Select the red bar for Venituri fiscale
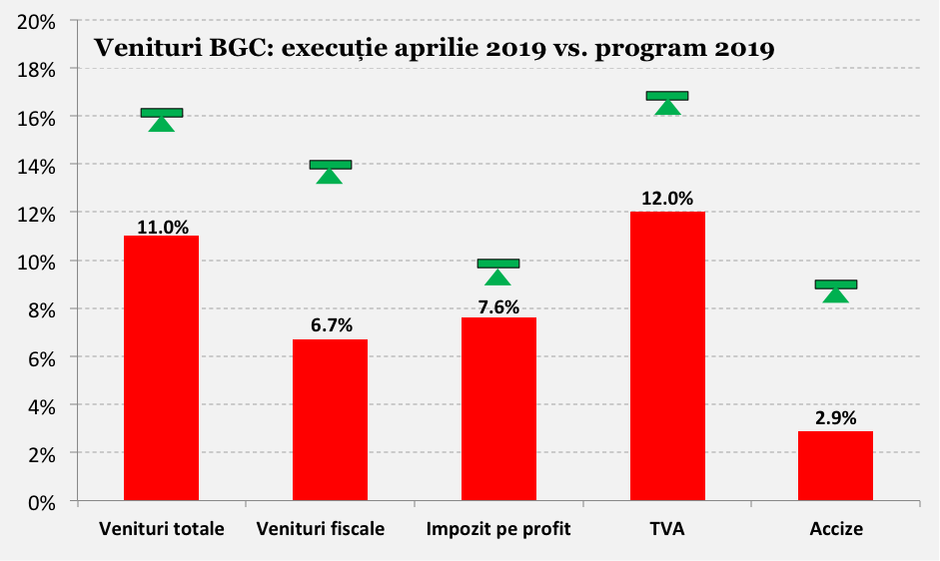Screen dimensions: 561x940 (x=330, y=419)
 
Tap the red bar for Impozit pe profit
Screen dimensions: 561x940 (x=498, y=408)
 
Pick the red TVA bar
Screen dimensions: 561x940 (x=667, y=355)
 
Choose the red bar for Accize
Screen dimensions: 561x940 (x=836, y=465)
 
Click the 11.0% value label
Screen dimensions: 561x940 (x=162, y=227)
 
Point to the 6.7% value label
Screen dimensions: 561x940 (x=331, y=325)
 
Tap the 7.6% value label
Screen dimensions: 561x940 (x=498, y=307)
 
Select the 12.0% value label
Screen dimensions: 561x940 (x=667, y=199)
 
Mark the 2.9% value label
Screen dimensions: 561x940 (x=836, y=418)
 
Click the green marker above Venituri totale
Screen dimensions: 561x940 (x=162, y=118)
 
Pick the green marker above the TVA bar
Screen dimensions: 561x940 (x=667, y=101)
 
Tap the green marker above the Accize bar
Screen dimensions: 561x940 (x=836, y=289)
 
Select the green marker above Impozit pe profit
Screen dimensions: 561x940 (x=498, y=270)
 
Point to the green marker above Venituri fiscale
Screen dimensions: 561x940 (x=330, y=170)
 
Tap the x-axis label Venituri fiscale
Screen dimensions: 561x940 (x=321, y=528)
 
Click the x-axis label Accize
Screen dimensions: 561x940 (x=836, y=528)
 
